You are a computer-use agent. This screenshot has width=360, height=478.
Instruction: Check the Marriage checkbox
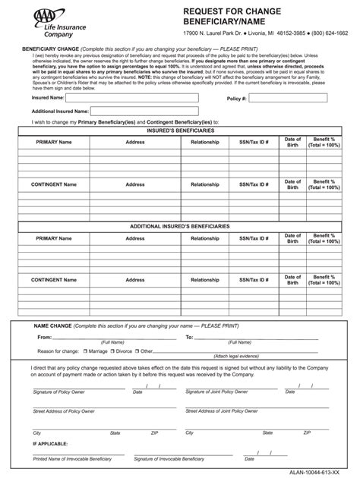click(x=85, y=351)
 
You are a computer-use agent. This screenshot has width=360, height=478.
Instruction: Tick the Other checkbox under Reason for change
click(x=137, y=351)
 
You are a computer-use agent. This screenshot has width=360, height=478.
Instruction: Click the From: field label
click(x=45, y=337)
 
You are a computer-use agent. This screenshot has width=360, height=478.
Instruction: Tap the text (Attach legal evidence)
click(x=236, y=356)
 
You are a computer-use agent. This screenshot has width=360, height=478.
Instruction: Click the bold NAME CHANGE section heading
click(x=53, y=325)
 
